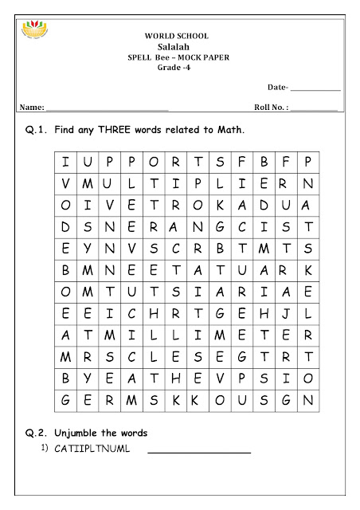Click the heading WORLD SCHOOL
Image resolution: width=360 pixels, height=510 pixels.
(176, 36)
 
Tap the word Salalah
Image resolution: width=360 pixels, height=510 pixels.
(176, 47)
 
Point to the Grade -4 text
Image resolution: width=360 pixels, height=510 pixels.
(176, 69)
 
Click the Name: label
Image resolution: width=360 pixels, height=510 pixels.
(32, 106)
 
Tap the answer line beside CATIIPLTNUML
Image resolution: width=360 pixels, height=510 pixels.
(199, 453)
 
